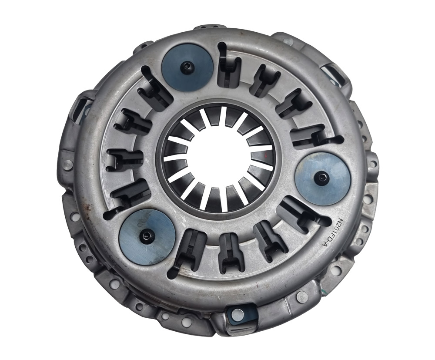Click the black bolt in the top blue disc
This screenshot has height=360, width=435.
pyautogui.click(x=186, y=66)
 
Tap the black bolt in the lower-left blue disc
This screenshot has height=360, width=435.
pyautogui.click(x=146, y=236)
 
